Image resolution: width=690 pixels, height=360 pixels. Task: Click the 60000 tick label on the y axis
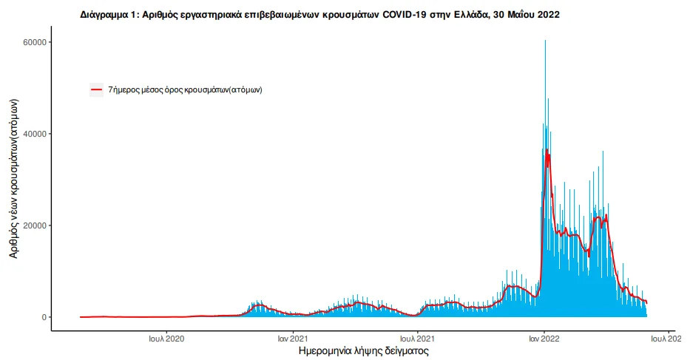coord(35,42)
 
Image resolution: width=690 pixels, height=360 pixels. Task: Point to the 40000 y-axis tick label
coord(35,134)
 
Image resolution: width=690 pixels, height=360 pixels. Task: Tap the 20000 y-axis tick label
coord(35,225)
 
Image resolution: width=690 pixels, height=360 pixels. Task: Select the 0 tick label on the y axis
coord(44,317)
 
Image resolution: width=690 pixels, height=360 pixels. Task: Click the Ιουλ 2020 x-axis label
coord(166,339)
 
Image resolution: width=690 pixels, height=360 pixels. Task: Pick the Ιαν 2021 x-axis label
coord(293,339)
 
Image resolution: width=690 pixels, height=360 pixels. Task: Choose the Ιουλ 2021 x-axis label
coord(417,339)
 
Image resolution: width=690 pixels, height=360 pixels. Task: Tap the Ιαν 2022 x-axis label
coord(544,339)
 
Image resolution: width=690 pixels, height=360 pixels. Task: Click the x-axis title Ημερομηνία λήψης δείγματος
coord(363,350)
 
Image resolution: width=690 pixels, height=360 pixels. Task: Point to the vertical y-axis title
coord(13,178)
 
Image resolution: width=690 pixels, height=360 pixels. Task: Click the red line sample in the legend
coord(96,89)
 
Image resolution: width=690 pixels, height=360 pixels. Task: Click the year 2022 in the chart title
coord(548,15)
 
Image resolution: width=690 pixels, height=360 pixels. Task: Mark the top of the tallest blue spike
coord(546,41)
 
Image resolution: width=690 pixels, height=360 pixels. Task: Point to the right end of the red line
coord(646,303)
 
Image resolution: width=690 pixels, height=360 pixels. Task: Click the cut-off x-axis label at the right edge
coord(666,339)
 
